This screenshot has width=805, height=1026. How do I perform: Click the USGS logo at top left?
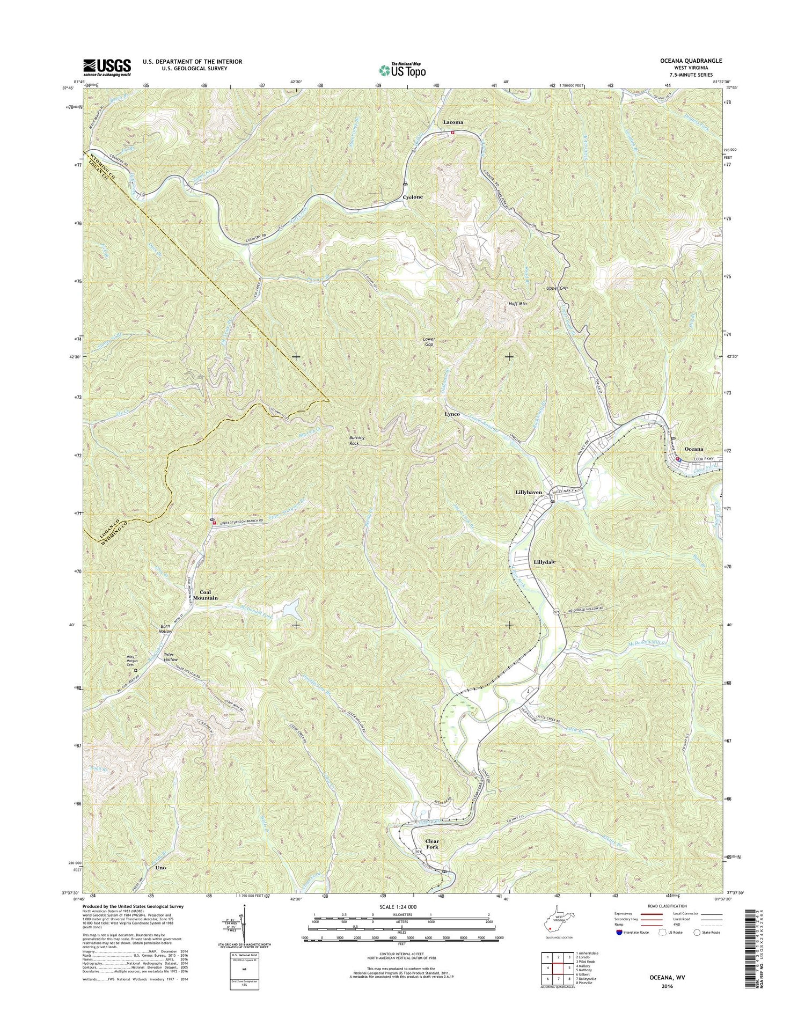(x=107, y=67)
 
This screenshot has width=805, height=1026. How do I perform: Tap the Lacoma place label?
(x=453, y=122)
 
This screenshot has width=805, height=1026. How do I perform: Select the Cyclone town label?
(x=413, y=197)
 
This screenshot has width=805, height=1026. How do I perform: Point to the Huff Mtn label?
(x=518, y=304)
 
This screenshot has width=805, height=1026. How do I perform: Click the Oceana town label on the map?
(x=693, y=449)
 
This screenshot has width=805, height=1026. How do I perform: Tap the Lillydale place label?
(x=544, y=562)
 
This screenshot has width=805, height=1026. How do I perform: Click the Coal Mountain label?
(x=206, y=595)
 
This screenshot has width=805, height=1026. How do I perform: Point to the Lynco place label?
(x=452, y=415)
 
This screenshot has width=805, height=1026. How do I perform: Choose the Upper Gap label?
(x=557, y=288)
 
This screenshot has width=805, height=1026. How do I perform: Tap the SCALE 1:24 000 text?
(x=395, y=906)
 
